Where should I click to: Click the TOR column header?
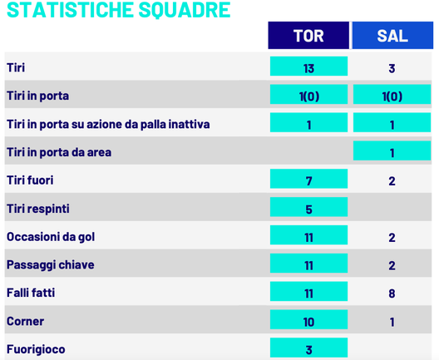tap(308, 37)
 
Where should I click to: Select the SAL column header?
tap(392, 37)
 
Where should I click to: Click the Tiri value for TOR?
tap(308, 68)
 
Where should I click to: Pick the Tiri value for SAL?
tap(392, 68)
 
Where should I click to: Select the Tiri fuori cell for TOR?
tap(308, 180)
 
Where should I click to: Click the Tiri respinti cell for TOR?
tap(308, 209)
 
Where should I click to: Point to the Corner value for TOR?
tap(308, 322)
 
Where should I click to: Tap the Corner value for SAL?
tap(392, 322)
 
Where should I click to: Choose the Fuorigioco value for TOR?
tap(308, 349)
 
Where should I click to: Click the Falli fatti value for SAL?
tap(392, 293)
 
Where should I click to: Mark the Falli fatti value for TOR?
tap(308, 293)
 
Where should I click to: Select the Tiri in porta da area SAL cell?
tap(392, 152)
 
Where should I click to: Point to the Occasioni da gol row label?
tap(51, 237)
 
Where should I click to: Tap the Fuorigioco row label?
tap(36, 349)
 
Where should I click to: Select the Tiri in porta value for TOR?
tap(308, 96)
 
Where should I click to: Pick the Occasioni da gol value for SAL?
tap(392, 237)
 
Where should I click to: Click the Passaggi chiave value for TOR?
tap(308, 265)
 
